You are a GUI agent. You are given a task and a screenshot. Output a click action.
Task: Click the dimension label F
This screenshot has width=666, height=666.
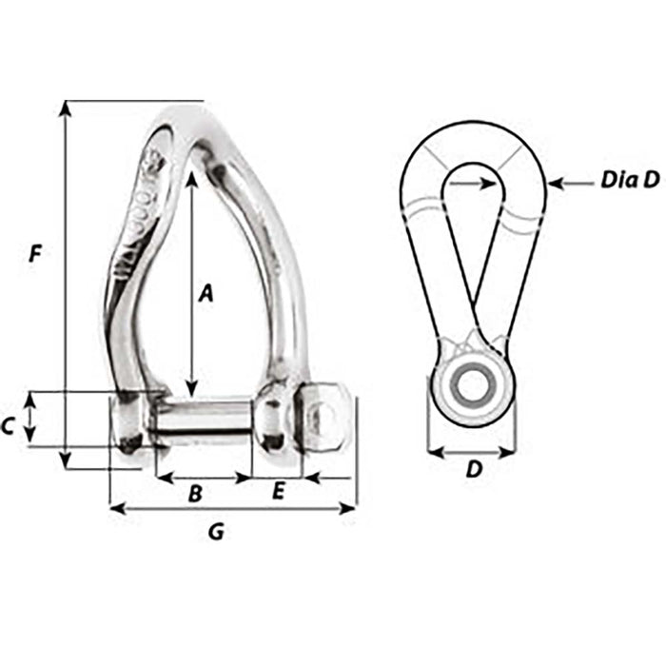[35, 254]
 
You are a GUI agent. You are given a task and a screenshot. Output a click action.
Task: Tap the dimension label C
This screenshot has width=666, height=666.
[8, 427]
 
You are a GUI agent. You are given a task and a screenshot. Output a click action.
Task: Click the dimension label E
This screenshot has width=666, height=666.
[279, 491]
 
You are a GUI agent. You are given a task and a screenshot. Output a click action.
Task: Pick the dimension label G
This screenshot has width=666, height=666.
[216, 533]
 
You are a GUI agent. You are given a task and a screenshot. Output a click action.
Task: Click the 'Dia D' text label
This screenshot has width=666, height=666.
[629, 181]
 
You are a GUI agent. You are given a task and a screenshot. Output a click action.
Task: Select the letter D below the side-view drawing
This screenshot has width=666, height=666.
[472, 469]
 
